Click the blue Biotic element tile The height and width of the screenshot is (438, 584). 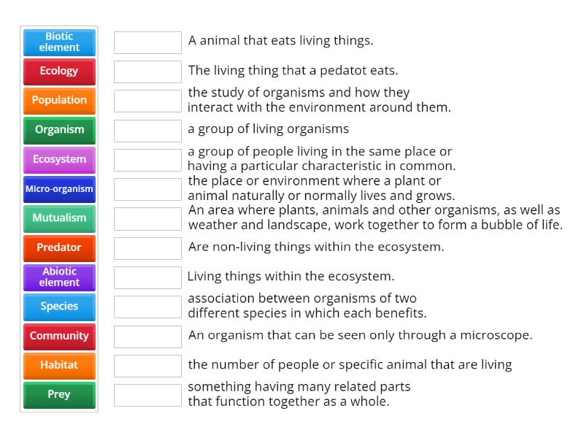pyautogui.click(x=59, y=42)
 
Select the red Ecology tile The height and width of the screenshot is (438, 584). pyautogui.click(x=59, y=72)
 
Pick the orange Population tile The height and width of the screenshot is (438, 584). pyautogui.click(x=59, y=101)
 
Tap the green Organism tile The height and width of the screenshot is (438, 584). pyautogui.click(x=59, y=131)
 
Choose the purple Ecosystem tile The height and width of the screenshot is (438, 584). pyautogui.click(x=59, y=160)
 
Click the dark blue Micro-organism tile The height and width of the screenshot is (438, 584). pyautogui.click(x=59, y=189)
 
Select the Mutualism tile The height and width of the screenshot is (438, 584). pyautogui.click(x=59, y=218)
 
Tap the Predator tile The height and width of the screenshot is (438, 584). pyautogui.click(x=59, y=248)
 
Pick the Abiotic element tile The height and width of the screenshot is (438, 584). pyautogui.click(x=59, y=277)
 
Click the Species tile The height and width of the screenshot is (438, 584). pyautogui.click(x=59, y=307)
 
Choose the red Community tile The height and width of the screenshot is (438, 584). pyautogui.click(x=59, y=337)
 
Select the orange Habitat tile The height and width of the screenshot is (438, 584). pyautogui.click(x=59, y=366)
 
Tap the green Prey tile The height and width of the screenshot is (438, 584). pyautogui.click(x=59, y=395)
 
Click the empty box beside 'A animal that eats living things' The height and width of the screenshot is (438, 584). pyautogui.click(x=147, y=42)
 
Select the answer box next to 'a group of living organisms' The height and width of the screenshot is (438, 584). pyautogui.click(x=147, y=131)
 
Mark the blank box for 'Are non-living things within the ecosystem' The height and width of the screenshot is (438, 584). pyautogui.click(x=147, y=248)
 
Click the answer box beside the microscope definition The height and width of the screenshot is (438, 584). pyautogui.click(x=147, y=337)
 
